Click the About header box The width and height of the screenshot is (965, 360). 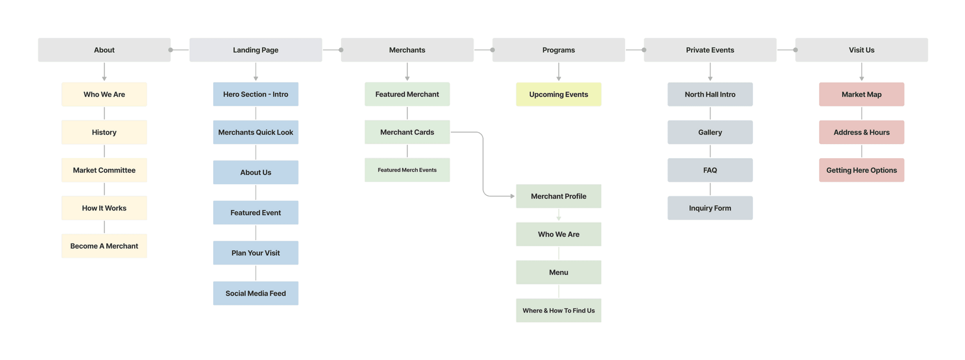pyautogui.click(x=104, y=50)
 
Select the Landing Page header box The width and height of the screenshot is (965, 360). pyautogui.click(x=256, y=50)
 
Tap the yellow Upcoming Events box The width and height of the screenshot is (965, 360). pyautogui.click(x=558, y=94)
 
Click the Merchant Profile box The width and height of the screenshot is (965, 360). pyautogui.click(x=558, y=196)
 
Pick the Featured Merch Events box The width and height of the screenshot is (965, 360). pyautogui.click(x=407, y=170)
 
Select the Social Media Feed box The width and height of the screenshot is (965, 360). pyautogui.click(x=256, y=294)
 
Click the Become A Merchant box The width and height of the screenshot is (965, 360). pyautogui.click(x=104, y=246)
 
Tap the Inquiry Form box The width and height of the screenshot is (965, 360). pyautogui.click(x=710, y=208)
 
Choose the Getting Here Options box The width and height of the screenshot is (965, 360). pyautogui.click(x=862, y=170)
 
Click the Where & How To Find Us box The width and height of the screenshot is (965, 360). pyautogui.click(x=558, y=310)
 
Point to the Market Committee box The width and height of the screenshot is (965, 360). pyautogui.click(x=104, y=170)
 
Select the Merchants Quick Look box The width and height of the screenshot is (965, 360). pyautogui.click(x=256, y=132)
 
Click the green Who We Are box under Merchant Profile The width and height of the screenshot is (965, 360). pyautogui.click(x=558, y=234)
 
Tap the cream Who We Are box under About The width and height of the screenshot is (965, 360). pyautogui.click(x=104, y=94)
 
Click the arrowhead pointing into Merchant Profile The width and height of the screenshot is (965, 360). pyautogui.click(x=512, y=196)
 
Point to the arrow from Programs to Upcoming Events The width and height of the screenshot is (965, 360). pyautogui.click(x=559, y=72)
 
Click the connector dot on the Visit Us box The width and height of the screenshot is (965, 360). pyautogui.click(x=795, y=50)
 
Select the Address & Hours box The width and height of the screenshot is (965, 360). pyautogui.click(x=862, y=132)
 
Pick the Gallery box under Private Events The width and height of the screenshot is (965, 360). pyautogui.click(x=710, y=132)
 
